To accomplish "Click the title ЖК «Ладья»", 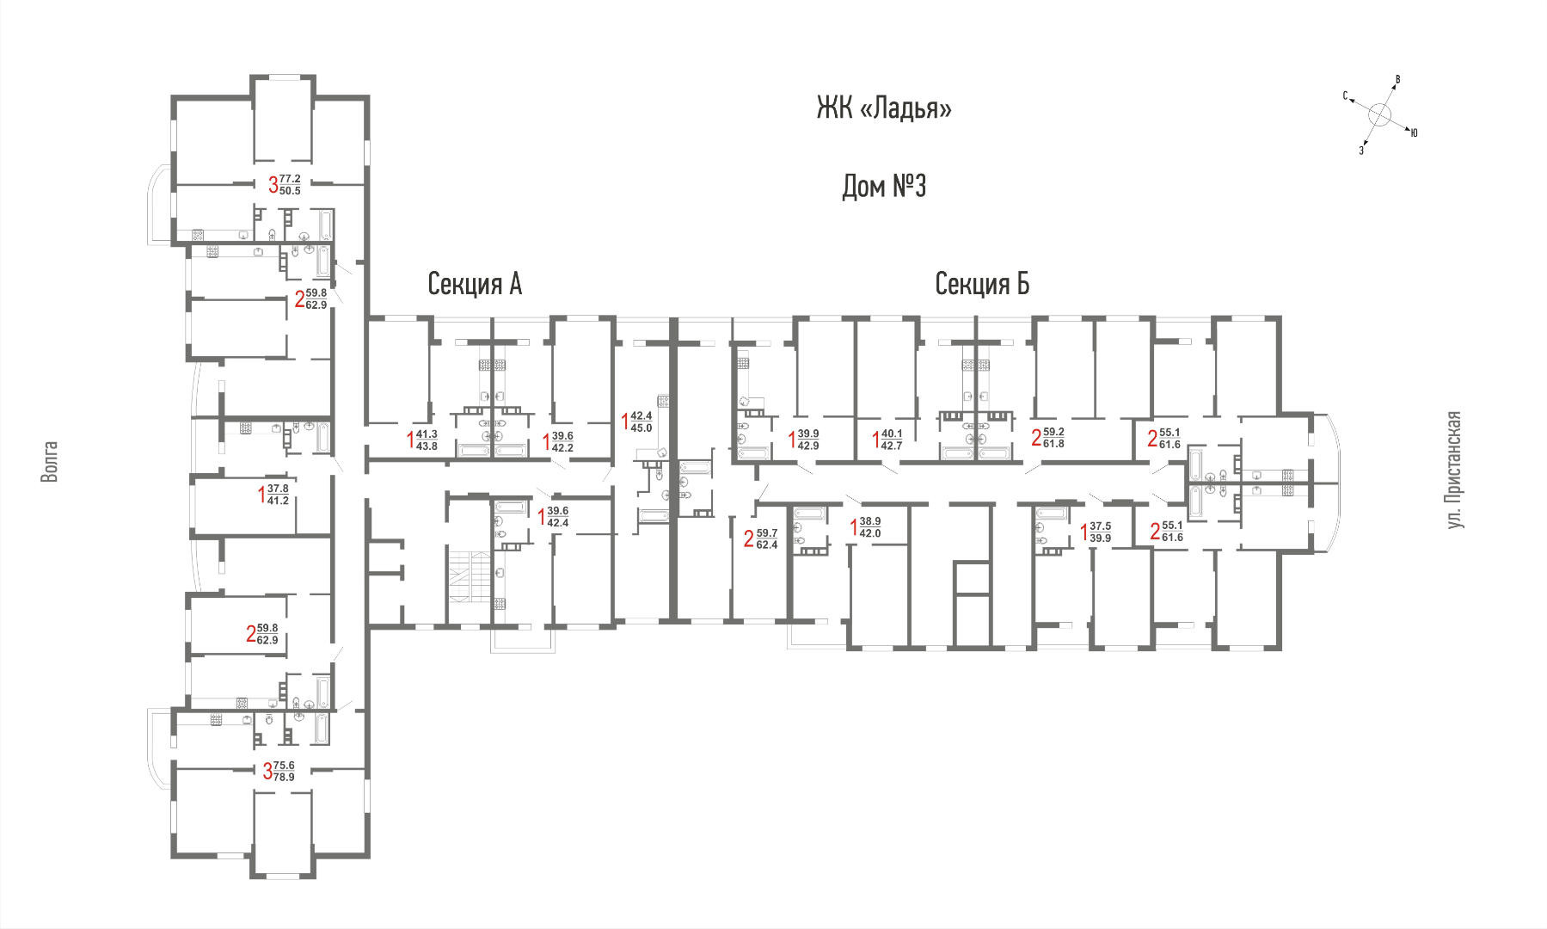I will coord(884,109).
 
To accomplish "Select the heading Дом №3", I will coord(884,186).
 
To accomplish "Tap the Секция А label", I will coord(475,284).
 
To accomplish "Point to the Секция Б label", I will coord(982,284).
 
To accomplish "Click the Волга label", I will coord(50,462).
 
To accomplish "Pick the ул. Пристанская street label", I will coord(1453,470).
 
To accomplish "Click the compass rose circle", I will coord(1379,115).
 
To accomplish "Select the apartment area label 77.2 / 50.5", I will coord(290,185).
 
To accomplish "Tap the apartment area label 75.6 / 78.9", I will coord(284,772).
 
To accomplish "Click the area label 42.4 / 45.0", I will coord(641,421).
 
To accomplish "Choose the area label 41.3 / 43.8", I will coord(427,440).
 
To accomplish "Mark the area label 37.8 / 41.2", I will coord(278,495).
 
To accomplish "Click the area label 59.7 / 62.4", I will coord(766,539).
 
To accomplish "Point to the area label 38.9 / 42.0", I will coord(870,527).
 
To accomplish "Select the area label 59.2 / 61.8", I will coord(1053,438).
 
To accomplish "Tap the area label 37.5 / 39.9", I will coord(1100,532).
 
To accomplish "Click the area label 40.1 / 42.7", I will coord(891,440).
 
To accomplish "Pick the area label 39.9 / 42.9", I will coord(807,440).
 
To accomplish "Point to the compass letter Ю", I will coord(1414,132).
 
